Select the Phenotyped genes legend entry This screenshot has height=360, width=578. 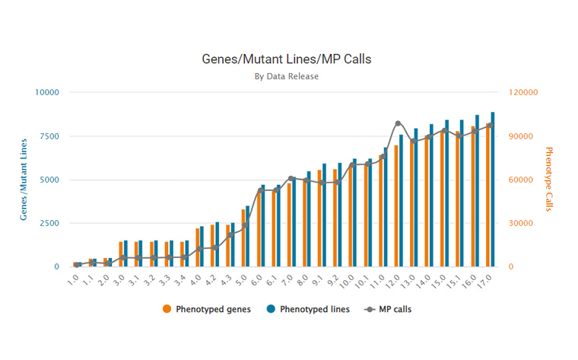click(x=201, y=309)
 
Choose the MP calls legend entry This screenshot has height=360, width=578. click(x=388, y=309)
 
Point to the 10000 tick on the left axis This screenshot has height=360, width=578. click(x=46, y=92)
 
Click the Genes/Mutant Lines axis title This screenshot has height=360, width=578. click(x=24, y=180)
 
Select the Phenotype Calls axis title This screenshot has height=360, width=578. click(x=550, y=180)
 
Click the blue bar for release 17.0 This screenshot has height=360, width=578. click(x=493, y=190)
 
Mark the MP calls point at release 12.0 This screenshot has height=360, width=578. click(x=398, y=123)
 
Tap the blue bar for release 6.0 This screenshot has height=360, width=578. click(x=263, y=226)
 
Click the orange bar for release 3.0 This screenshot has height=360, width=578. click(x=120, y=254)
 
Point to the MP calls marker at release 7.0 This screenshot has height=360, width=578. click(x=291, y=178)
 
